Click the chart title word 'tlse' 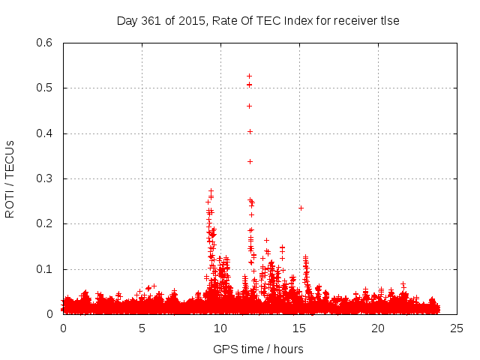coord(388,21)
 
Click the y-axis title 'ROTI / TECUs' coord(10,178)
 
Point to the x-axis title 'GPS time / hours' coord(258,349)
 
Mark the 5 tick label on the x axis coord(142,328)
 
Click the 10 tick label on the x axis coord(220,328)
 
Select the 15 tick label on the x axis coord(299,328)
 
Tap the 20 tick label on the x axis coord(378,328)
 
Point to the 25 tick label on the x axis coord(457,328)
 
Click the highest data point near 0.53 coord(249,76)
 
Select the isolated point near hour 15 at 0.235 coord(301,208)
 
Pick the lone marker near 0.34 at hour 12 coord(250,161)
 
